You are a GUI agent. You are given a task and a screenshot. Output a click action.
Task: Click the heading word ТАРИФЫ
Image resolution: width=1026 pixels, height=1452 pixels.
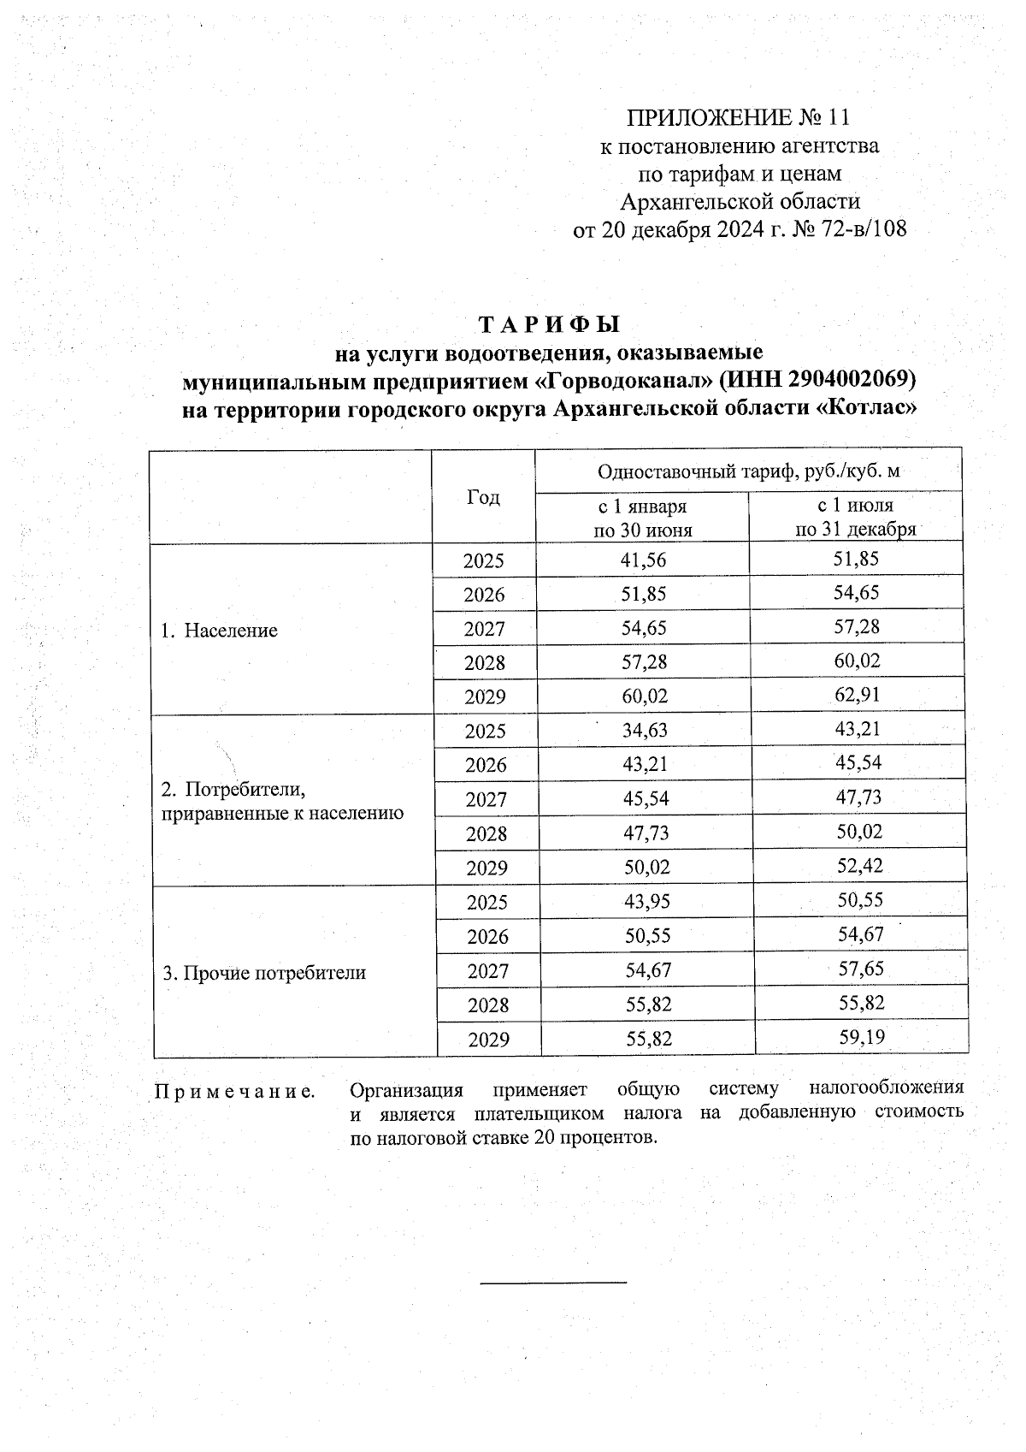tap(547, 325)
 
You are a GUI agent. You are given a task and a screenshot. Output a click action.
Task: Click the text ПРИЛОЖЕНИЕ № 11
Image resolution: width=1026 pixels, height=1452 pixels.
tap(739, 117)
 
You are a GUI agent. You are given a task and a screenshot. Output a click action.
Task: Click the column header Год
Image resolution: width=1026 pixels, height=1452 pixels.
tap(483, 498)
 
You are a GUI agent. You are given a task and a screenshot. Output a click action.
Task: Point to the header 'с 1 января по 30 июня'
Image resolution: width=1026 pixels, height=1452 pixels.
tap(642, 519)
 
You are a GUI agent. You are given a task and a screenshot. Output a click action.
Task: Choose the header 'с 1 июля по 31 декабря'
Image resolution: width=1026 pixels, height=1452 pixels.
tap(855, 518)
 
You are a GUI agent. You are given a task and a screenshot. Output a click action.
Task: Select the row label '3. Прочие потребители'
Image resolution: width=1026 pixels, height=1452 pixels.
tap(264, 973)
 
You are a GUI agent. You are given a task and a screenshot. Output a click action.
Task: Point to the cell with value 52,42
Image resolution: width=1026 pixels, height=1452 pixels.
tap(859, 866)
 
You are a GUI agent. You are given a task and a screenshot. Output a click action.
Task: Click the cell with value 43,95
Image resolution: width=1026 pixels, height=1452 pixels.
tap(646, 902)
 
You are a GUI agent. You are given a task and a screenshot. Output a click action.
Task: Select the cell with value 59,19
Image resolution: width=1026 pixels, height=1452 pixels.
tap(861, 1038)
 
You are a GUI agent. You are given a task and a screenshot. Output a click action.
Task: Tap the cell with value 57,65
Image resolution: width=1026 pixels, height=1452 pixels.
tap(860, 969)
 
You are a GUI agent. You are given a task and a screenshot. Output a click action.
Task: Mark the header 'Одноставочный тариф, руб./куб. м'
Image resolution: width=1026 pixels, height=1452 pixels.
tap(748, 471)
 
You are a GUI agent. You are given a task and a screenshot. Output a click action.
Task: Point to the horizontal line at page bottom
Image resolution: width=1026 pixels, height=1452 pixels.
tap(554, 1283)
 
